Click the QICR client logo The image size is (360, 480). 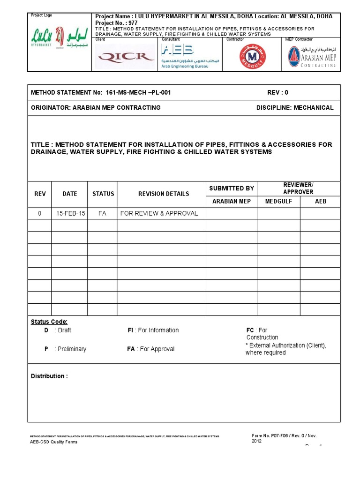pos(125,56)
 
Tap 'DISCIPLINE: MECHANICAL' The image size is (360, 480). pos(295,108)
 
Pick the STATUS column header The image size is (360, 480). pos(103,194)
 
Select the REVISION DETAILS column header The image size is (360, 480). pos(161,194)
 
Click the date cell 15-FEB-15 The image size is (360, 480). pos(70,213)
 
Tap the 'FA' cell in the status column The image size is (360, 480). pos(102,213)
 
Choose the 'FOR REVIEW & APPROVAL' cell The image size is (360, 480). pos(159,213)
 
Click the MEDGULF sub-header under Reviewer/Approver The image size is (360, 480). pos(278,202)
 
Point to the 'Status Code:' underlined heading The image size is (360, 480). pos(49,322)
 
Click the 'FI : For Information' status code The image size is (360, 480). pos(153,330)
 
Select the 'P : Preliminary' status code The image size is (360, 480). pos(65,349)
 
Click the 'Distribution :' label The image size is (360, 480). pos(49,376)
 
